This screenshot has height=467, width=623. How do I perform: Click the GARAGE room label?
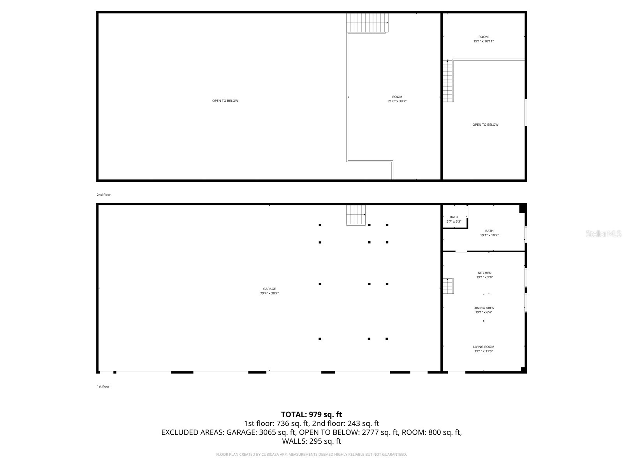click(269, 289)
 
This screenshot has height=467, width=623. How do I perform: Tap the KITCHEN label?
click(484, 273)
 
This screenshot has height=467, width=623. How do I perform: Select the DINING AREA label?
click(484, 308)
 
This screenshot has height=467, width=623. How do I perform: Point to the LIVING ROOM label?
click(484, 347)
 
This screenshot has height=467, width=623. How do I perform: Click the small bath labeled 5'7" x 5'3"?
click(454, 219)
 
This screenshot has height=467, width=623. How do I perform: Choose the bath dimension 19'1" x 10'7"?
click(489, 235)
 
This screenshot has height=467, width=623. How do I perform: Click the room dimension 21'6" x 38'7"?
click(397, 101)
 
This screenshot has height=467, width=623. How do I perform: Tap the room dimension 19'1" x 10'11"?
click(484, 41)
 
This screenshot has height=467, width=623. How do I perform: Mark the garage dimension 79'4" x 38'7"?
click(269, 293)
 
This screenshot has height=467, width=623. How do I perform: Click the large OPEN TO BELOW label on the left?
click(225, 101)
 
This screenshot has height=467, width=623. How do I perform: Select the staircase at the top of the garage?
click(356, 215)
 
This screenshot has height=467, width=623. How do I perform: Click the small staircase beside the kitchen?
click(448, 286)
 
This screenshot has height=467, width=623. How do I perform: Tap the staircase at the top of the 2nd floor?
click(367, 23)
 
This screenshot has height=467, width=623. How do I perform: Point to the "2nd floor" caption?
click(104, 195)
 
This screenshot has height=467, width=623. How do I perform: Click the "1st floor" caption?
click(103, 386)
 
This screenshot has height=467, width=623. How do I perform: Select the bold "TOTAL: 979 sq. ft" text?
click(311, 414)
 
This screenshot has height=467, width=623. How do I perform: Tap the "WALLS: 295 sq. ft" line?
click(311, 441)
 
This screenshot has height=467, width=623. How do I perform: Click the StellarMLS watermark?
click(604, 234)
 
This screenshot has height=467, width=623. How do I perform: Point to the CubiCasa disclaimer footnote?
click(311, 455)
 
